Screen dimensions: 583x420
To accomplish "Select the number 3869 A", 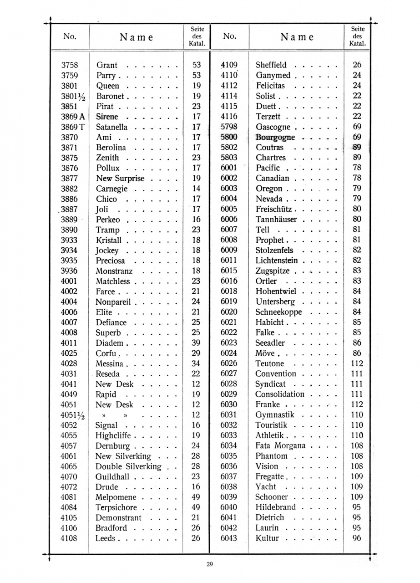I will (70, 117).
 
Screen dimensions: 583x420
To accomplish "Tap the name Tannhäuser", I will (276, 220).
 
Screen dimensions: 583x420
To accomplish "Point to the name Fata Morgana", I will (280, 445).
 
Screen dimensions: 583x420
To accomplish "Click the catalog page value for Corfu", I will (196, 353).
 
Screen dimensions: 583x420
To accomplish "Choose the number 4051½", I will (70, 415).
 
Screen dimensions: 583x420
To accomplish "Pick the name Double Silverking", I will (128, 466).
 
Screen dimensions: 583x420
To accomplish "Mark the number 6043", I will (229, 538).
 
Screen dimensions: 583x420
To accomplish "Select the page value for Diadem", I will (196, 343).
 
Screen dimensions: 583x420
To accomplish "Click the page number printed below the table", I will (210, 564).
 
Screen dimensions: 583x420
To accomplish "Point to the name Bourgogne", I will (275, 137).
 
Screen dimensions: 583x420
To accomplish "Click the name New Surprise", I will (120, 179).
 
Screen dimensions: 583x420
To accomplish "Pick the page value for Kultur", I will (357, 538).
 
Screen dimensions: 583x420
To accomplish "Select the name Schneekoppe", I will (278, 312).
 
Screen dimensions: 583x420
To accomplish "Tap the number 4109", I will (229, 65).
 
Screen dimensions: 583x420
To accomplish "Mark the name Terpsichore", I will (116, 507).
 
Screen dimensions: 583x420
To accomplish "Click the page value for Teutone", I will (357, 363).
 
